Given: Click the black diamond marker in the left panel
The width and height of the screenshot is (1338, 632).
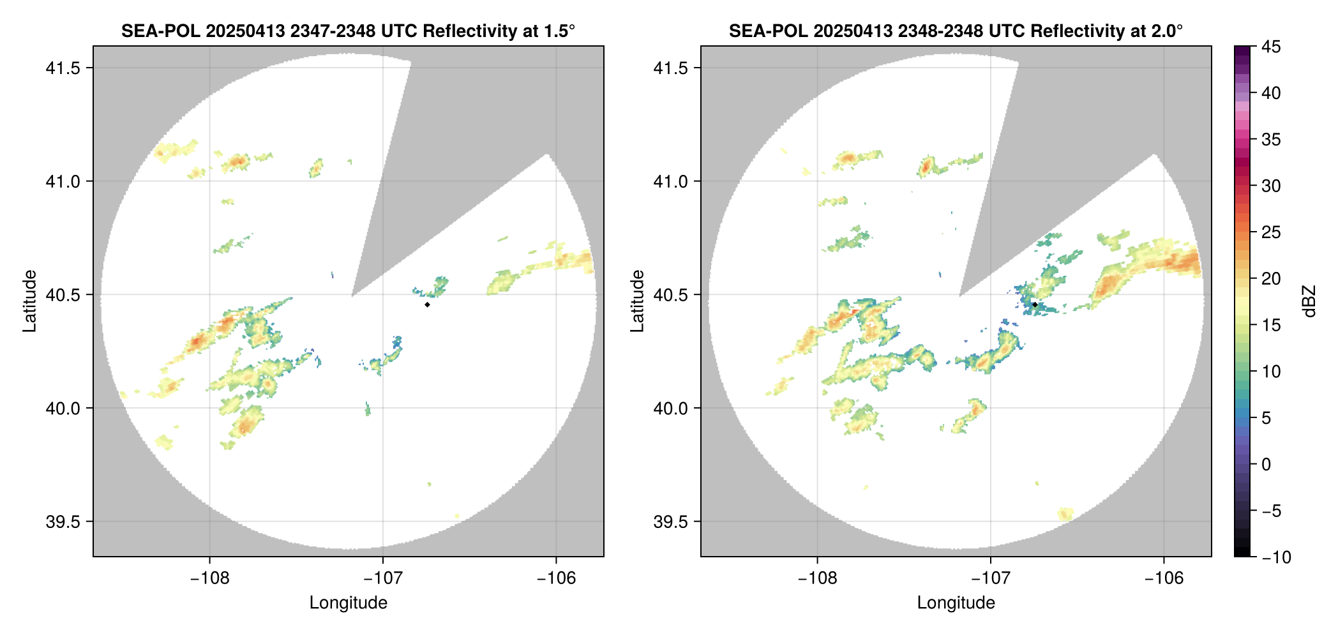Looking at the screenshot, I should click(x=427, y=305).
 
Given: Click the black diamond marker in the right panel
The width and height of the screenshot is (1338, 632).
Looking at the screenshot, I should click(x=1035, y=305).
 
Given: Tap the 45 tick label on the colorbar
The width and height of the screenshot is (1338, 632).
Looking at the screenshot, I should click(x=1271, y=47).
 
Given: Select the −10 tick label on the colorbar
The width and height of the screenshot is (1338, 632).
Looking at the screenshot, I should click(x=1277, y=557).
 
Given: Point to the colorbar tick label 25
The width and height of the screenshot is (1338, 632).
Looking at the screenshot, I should click(x=1271, y=232).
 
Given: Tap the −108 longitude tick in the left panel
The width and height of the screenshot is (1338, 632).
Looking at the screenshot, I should click(x=210, y=578).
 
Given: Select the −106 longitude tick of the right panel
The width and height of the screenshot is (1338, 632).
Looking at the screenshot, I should click(x=1164, y=578).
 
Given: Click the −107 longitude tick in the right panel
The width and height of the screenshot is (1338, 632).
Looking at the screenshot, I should click(x=991, y=578).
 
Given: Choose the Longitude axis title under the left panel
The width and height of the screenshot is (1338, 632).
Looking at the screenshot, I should click(x=349, y=603).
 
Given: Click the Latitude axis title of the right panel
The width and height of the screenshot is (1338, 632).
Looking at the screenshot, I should click(x=637, y=301).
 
